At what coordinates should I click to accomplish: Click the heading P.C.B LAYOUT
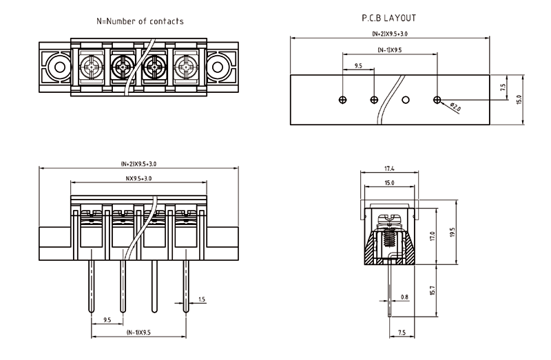pos(389,19)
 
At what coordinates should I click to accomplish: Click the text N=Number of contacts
pos(140,21)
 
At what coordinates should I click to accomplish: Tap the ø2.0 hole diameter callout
pos(456,107)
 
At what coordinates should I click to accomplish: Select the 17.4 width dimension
pos(389,168)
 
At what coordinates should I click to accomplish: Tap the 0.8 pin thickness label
pos(404,297)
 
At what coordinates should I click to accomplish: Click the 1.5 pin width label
pos(201,299)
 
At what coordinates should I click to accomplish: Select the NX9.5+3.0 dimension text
pos(138,178)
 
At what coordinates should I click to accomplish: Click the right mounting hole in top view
pos(219,67)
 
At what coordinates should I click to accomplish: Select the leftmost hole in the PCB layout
pos(343,100)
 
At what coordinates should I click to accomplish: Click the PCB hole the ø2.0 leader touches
pos(437,100)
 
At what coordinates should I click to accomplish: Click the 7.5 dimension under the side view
pos(402,333)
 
